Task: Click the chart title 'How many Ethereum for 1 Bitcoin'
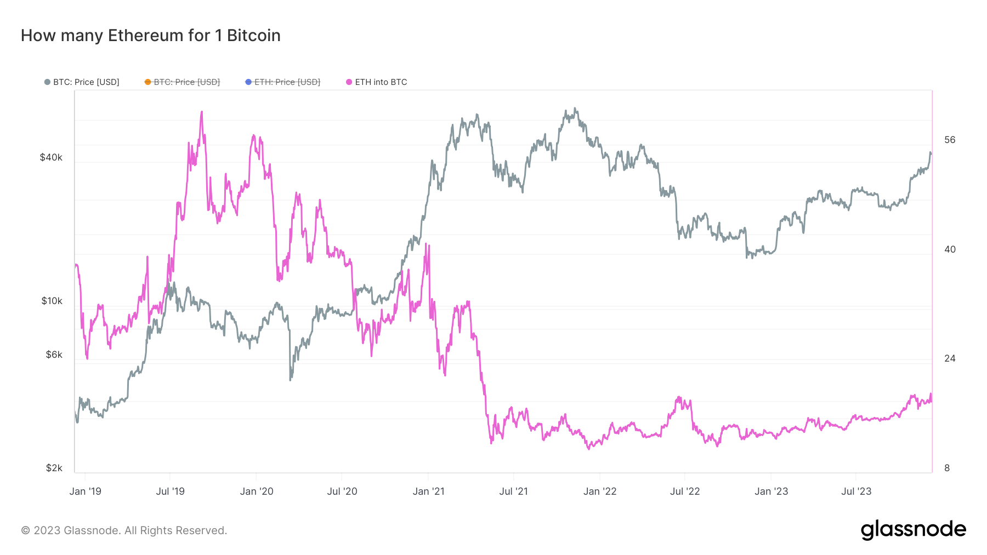click(151, 36)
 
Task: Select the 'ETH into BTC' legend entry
click(377, 82)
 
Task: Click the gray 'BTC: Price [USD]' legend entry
click(82, 82)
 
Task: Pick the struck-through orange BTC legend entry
click(182, 82)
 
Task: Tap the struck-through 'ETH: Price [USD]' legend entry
click(282, 82)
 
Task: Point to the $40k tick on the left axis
click(51, 158)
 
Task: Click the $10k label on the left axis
click(52, 301)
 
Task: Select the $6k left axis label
click(54, 355)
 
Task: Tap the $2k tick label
click(54, 468)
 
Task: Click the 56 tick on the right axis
click(950, 140)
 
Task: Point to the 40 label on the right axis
click(950, 250)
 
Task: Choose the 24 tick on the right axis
click(950, 359)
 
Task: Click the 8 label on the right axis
click(947, 468)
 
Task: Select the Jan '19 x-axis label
click(86, 491)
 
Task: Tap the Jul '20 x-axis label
click(342, 491)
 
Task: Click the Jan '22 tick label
click(600, 491)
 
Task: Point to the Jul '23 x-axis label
click(856, 491)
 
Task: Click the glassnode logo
click(914, 530)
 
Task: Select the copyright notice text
click(124, 530)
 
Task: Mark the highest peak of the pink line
click(202, 112)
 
